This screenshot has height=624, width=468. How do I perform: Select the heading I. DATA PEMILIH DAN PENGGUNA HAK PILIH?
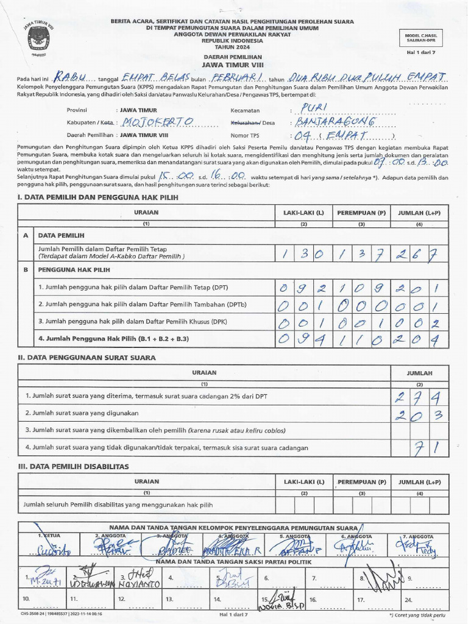click(97, 197)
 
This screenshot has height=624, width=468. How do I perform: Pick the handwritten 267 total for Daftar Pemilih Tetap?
click(420, 253)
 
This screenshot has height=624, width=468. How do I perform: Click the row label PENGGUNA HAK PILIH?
click(74, 269)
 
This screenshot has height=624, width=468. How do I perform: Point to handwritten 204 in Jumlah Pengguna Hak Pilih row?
click(420, 339)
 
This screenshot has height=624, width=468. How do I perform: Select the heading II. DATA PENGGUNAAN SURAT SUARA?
click(87, 358)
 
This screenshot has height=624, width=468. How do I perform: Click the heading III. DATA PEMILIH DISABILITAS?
click(73, 466)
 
